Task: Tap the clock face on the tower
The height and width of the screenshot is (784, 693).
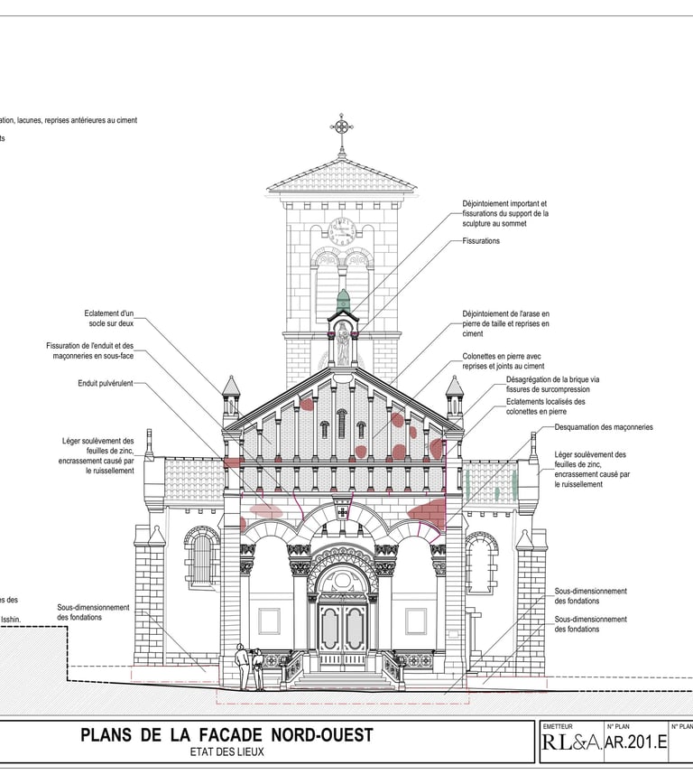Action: (342, 232)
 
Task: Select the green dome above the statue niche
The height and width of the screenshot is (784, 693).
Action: (343, 301)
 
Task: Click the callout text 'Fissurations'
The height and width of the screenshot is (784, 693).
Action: (481, 241)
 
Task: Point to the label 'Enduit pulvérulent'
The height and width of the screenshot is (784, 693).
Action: (106, 384)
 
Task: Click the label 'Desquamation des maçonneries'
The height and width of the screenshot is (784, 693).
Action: (604, 427)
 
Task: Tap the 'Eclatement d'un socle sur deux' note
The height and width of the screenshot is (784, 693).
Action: (108, 318)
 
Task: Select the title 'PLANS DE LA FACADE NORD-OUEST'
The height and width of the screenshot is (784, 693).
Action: (226, 735)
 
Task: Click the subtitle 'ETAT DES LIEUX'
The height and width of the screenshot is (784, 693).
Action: (226, 751)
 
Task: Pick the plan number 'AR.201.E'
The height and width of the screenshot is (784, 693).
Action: (635, 743)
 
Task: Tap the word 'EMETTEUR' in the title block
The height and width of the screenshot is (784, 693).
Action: (558, 726)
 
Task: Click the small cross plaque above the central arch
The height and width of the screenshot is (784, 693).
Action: (343, 512)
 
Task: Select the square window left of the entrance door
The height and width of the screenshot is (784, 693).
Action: (269, 621)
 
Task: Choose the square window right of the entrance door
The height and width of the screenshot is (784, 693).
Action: (415, 621)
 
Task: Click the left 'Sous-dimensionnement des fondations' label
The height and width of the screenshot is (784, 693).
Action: (94, 612)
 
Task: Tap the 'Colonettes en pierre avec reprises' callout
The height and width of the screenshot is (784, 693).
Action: (504, 361)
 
